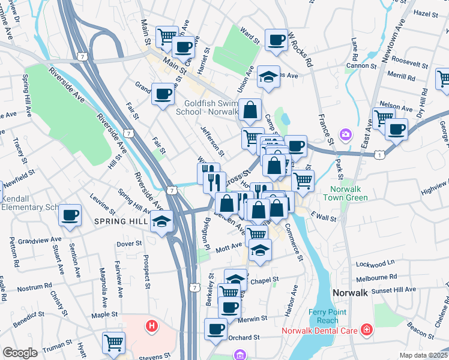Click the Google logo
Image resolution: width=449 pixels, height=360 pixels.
tap(20, 353)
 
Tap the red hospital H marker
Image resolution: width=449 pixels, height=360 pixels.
tap(152, 326)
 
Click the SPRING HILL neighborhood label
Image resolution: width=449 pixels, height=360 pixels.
tap(118, 221)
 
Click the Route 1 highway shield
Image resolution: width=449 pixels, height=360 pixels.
tap(379, 155)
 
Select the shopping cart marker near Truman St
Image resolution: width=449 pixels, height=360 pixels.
tap(113, 342)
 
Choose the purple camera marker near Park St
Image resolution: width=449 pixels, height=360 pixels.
tap(345, 134)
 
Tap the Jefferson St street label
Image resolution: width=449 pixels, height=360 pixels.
tap(212, 137)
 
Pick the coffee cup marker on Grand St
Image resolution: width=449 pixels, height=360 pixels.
tap(163, 93)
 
